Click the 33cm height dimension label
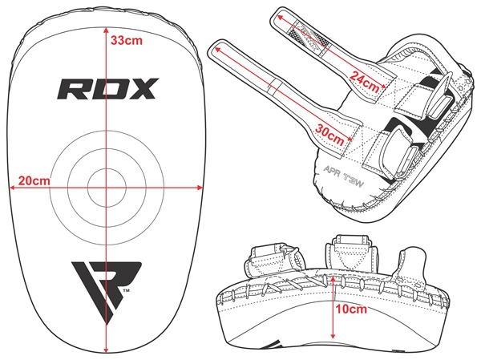(x=127, y=40)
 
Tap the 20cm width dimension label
(x=34, y=180)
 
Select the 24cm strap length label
(x=365, y=81)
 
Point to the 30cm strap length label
(x=329, y=135)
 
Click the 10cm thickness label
(x=351, y=309)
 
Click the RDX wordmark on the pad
(x=108, y=89)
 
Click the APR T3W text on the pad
(x=344, y=176)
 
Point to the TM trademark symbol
(x=126, y=290)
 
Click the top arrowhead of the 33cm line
(x=106, y=30)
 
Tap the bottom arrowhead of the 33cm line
(x=106, y=350)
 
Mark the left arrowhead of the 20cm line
(x=13, y=188)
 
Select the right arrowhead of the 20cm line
(x=200, y=188)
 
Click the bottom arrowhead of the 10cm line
(x=333, y=336)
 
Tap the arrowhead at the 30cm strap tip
(x=218, y=49)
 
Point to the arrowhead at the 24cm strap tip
(x=281, y=18)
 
